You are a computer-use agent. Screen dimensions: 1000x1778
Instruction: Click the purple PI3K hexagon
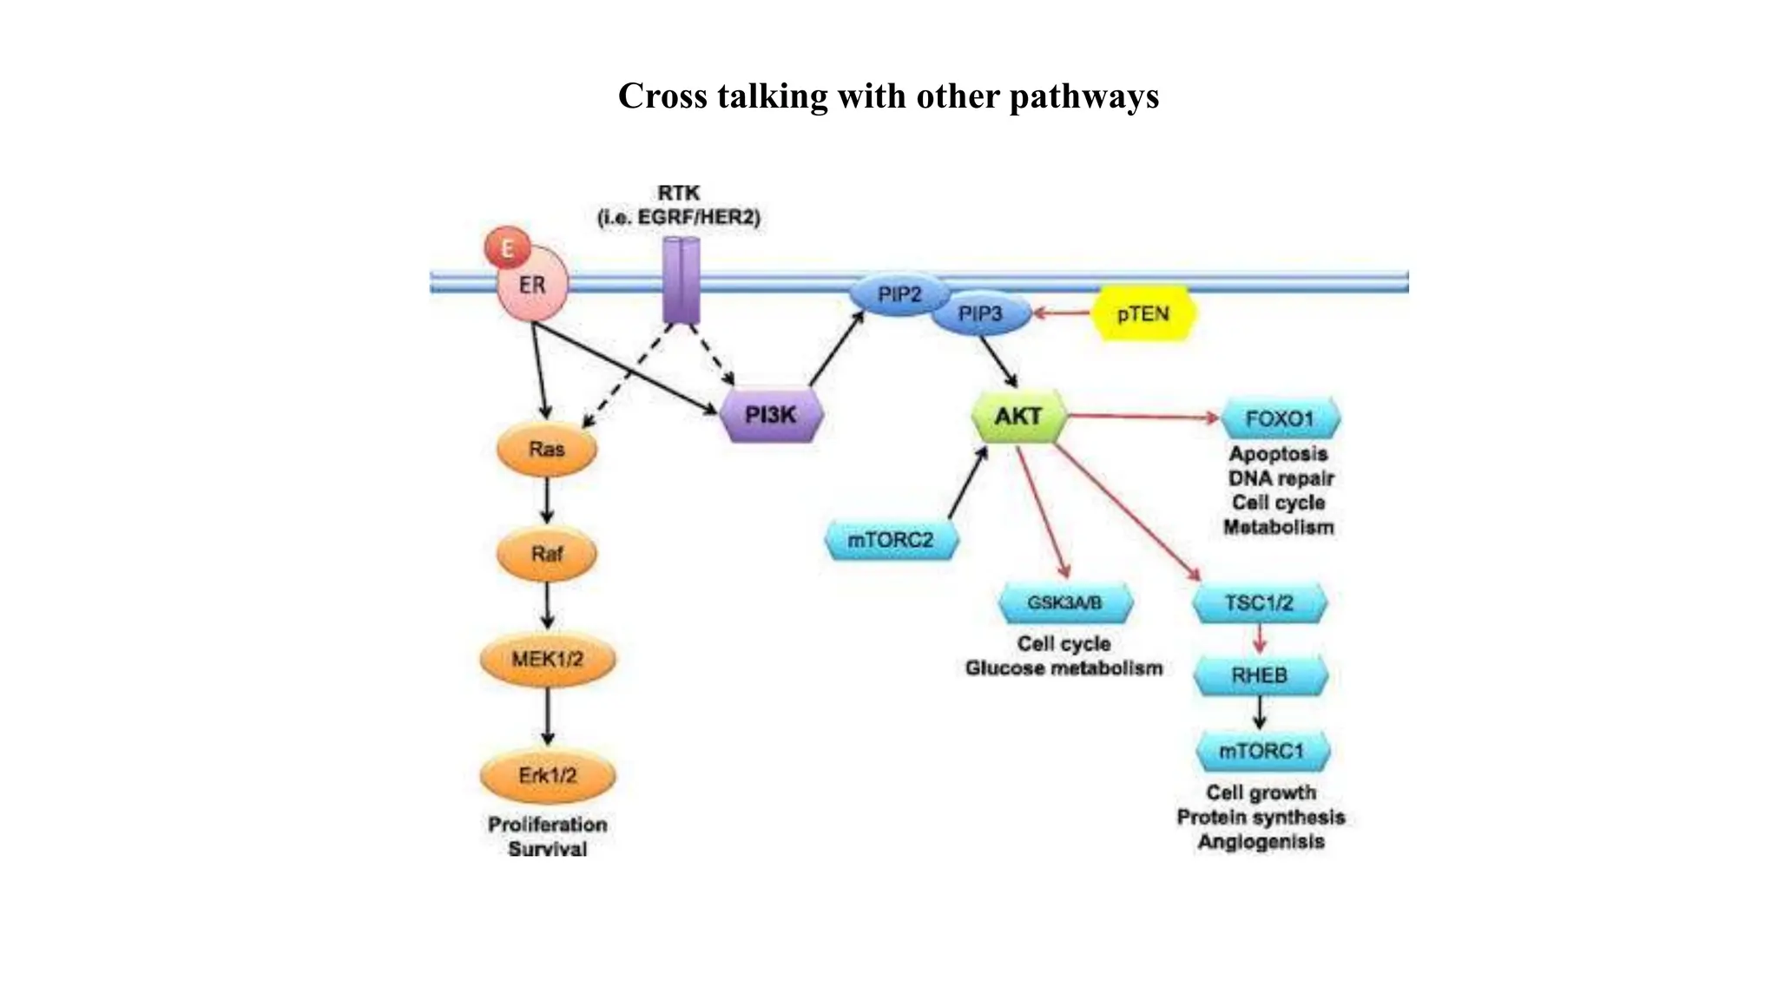click(x=771, y=415)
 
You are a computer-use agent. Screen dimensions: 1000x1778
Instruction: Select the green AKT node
click(x=1017, y=417)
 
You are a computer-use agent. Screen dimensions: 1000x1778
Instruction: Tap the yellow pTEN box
click(x=1143, y=314)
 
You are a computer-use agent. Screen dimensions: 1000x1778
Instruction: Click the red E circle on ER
click(x=507, y=248)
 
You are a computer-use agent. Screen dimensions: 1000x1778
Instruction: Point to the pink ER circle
click(x=532, y=286)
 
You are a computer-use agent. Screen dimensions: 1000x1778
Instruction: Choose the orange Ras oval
click(x=547, y=449)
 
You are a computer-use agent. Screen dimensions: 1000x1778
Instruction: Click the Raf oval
click(x=547, y=553)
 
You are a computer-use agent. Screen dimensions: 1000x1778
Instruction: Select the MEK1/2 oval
click(x=547, y=660)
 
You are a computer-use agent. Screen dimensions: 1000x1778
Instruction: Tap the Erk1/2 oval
click(x=547, y=775)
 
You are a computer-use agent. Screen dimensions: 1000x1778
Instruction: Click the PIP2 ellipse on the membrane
click(x=899, y=295)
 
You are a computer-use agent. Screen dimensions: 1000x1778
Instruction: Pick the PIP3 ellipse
click(x=980, y=314)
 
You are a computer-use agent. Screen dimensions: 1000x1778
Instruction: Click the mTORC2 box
click(x=891, y=540)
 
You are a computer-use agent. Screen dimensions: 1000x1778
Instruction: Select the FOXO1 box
click(x=1281, y=419)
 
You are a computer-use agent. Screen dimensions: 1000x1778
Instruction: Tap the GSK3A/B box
click(x=1065, y=602)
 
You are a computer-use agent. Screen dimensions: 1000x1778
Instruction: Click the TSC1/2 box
click(x=1260, y=602)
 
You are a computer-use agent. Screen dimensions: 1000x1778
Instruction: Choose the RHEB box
click(x=1260, y=675)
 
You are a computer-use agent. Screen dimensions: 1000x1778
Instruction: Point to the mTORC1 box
click(x=1262, y=751)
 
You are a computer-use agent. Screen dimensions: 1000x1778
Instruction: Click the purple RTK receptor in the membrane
click(x=682, y=280)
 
